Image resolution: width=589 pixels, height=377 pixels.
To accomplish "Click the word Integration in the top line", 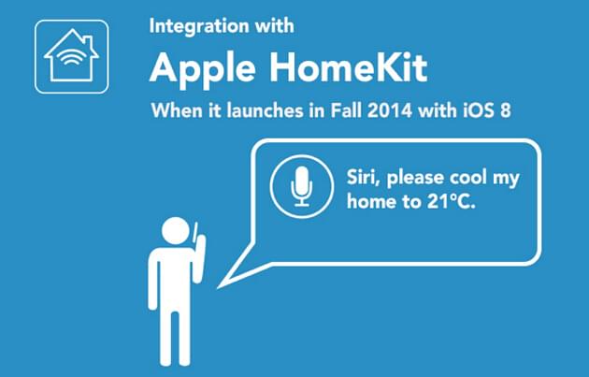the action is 199,27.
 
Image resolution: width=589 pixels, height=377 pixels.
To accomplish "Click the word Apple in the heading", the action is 203,69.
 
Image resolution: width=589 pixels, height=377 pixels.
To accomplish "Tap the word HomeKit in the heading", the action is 349,67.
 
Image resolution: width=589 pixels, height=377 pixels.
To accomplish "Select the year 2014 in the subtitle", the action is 390,110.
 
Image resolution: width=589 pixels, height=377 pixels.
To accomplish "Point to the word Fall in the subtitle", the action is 347,110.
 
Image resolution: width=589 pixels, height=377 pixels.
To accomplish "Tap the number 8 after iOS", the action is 505,110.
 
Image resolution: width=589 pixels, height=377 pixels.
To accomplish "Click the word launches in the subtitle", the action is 265,110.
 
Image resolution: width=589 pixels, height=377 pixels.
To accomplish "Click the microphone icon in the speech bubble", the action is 302,186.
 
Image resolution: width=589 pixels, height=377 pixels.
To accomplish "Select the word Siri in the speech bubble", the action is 364,178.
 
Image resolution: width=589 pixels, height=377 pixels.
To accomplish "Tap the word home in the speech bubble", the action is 371,202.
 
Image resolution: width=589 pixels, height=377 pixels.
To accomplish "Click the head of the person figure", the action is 176,230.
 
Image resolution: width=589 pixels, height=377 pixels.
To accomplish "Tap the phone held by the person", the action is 195,232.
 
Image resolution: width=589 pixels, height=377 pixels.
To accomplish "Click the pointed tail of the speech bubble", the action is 218,288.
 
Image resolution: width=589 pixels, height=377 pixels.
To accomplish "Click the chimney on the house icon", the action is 87,42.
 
